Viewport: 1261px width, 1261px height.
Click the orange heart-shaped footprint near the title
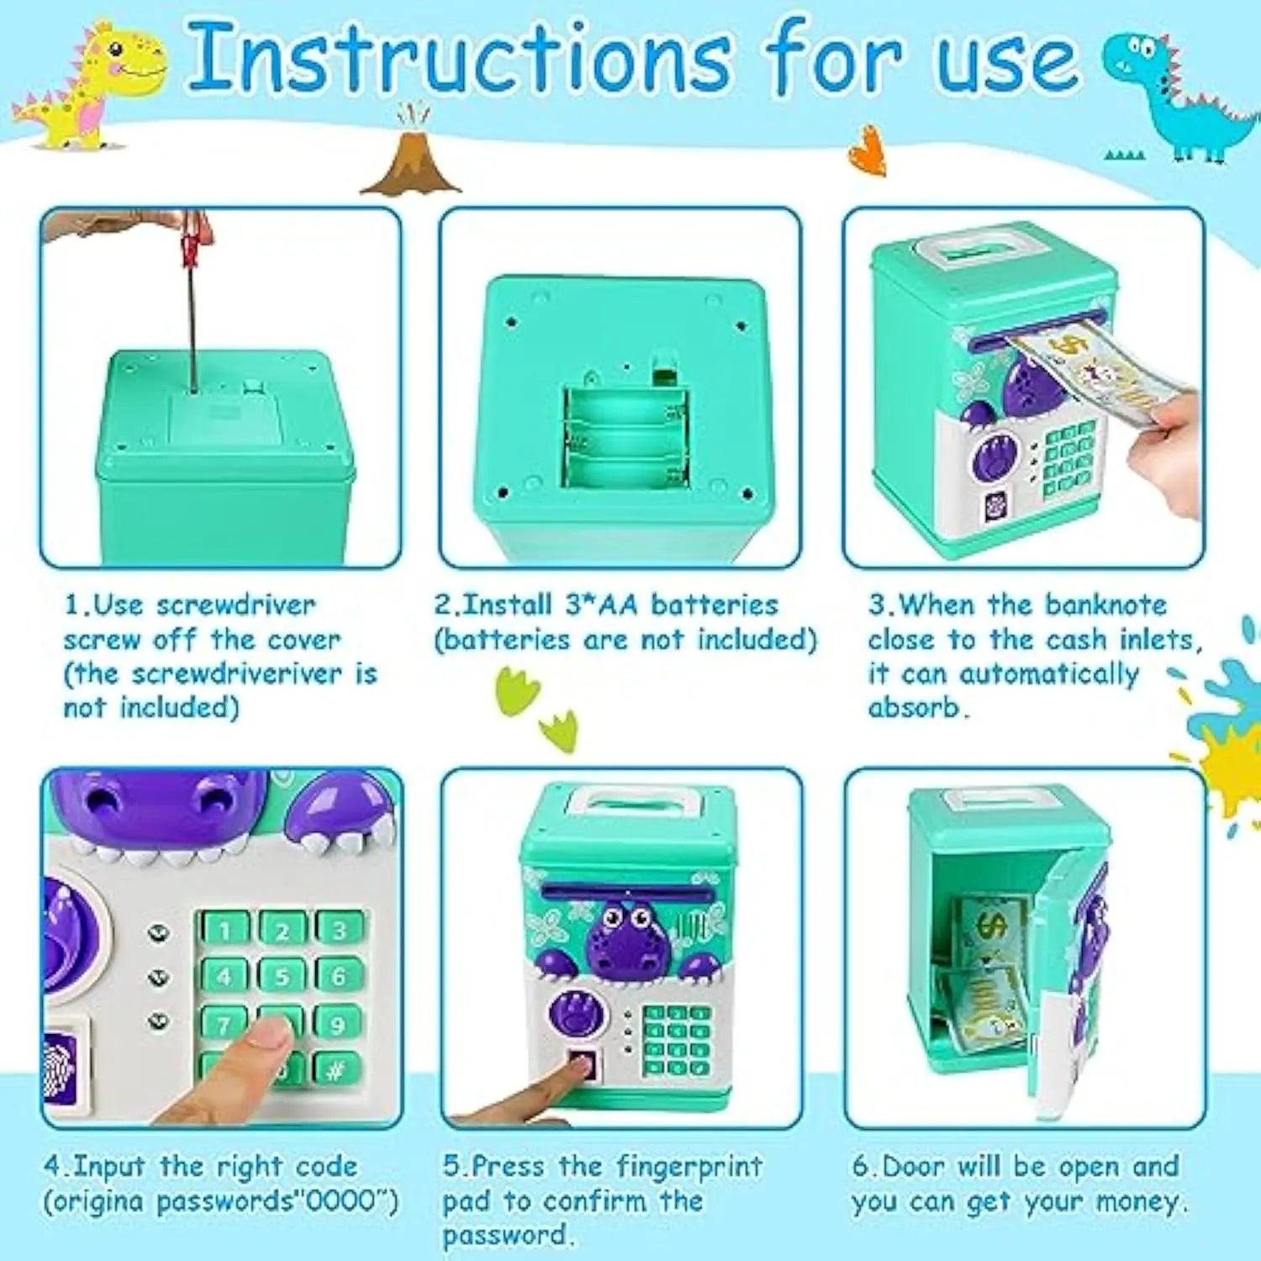[x=868, y=151]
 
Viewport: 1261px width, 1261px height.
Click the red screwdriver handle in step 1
[x=193, y=240]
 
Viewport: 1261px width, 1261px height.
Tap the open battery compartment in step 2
[x=626, y=437]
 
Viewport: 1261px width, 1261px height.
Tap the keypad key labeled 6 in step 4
[x=338, y=976]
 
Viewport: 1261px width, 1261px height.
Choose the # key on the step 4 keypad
[x=336, y=1069]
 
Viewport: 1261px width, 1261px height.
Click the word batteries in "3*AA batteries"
[x=715, y=605]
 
